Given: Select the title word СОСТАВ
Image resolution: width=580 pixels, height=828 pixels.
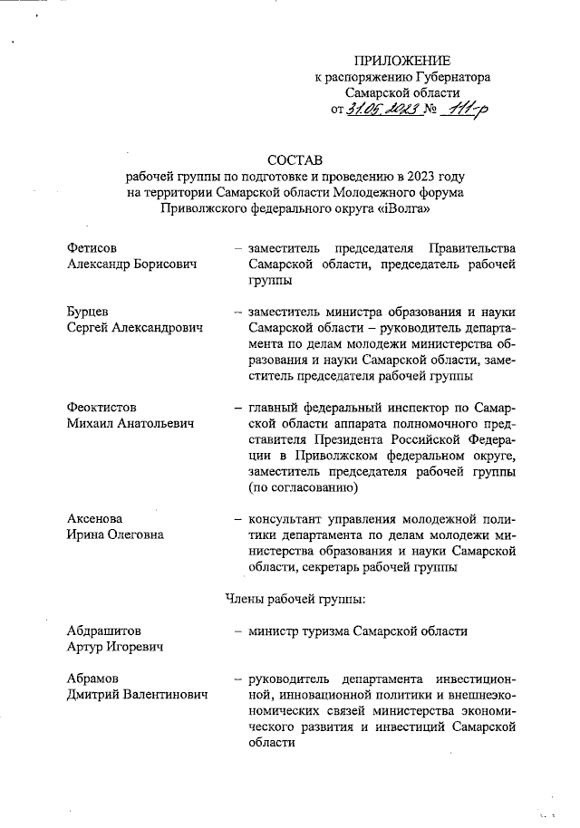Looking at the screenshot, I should [x=295, y=160].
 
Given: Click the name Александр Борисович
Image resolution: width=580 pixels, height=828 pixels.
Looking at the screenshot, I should [x=132, y=264].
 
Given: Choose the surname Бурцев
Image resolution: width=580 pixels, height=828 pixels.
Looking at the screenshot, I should [x=88, y=313].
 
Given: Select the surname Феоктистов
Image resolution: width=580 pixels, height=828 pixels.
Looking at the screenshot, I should [x=103, y=409].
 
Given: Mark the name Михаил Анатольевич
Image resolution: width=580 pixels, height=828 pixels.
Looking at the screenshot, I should [x=130, y=424].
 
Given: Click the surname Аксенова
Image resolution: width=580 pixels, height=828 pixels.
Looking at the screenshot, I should [x=94, y=519].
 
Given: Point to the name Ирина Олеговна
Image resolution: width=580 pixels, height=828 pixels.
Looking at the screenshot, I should [x=115, y=534].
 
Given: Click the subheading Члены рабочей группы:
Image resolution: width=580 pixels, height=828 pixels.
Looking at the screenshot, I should [x=294, y=599].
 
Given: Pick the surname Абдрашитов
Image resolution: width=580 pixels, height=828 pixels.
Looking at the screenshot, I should [x=103, y=631].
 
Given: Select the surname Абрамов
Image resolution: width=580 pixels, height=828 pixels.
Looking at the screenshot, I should [x=94, y=679].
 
